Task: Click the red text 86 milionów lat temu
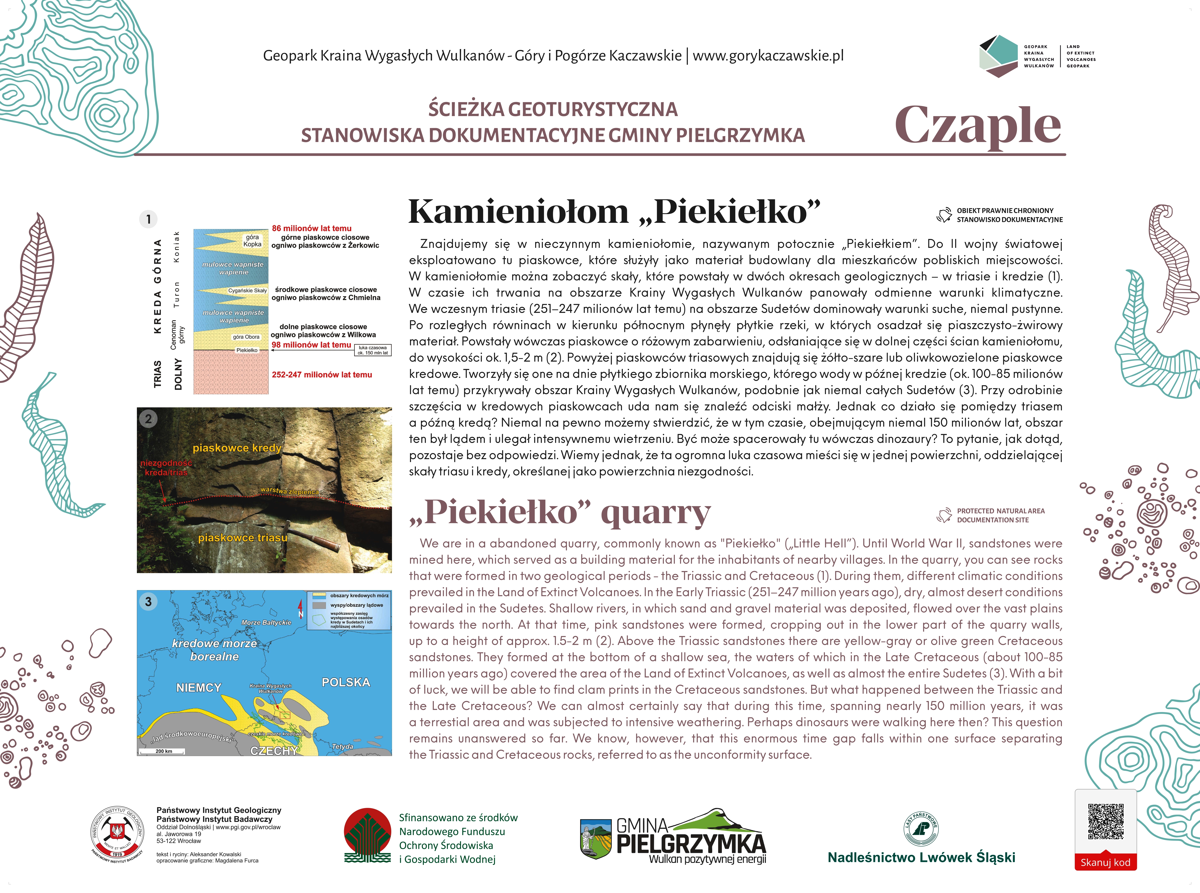click(311, 228)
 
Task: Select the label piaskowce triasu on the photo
click(243, 538)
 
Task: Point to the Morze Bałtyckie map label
click(266, 623)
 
